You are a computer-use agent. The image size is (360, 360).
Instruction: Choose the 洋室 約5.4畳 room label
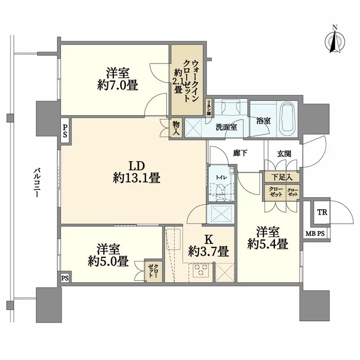[267, 238]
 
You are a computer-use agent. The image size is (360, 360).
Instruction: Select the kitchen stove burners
[200, 270]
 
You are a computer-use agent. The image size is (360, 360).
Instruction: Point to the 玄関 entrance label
[283, 154]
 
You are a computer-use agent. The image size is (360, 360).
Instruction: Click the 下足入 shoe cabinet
[282, 176]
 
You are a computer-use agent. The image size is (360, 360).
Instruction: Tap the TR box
[322, 212]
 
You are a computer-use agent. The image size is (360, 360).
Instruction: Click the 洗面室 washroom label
[226, 127]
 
